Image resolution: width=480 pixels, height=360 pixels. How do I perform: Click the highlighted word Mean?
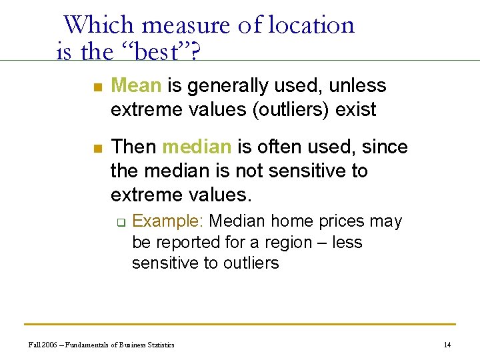[136, 86]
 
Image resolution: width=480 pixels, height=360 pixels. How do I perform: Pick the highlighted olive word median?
[197, 147]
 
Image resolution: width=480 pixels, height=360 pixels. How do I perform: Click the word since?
[385, 147]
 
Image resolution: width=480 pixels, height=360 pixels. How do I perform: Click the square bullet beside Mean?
[97, 87]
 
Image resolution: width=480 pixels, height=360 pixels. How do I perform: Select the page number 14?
[447, 345]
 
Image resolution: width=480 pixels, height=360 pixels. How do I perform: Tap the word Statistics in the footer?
[159, 345]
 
